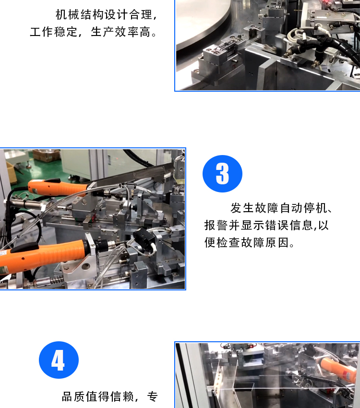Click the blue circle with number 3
pyautogui.click(x=222, y=174)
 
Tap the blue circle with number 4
pyautogui.click(x=59, y=360)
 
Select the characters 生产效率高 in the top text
pyautogui.click(x=120, y=32)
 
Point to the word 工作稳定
pyautogui.click(x=54, y=32)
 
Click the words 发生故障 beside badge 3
pyautogui.click(x=255, y=208)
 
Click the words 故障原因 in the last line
pyautogui.click(x=265, y=242)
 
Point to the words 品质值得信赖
pyautogui.click(x=98, y=397)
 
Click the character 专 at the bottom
pyautogui.click(x=153, y=397)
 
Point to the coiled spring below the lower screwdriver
pyautogui.click(x=57, y=281)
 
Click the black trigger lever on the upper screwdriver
pyautogui.click(x=52, y=180)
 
